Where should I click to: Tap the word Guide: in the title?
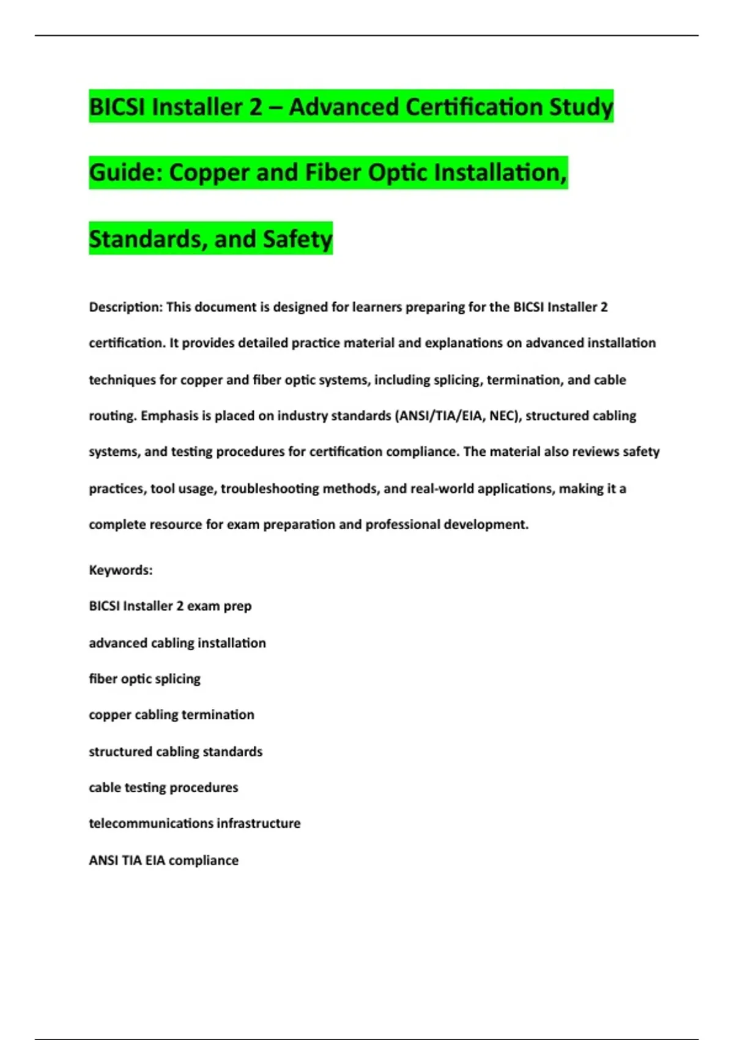[x=125, y=173]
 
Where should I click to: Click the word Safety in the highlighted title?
[x=297, y=239]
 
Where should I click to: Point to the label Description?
[x=125, y=307]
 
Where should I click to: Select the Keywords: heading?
[x=120, y=570]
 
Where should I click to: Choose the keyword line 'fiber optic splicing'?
[x=144, y=679]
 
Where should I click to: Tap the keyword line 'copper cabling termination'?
[x=171, y=715]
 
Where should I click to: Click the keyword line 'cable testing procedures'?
[x=163, y=788]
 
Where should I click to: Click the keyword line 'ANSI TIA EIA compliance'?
[x=163, y=861]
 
